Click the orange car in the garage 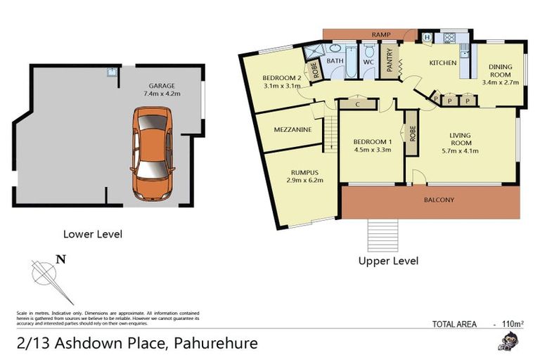151,153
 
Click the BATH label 335,61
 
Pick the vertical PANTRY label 389,60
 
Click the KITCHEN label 443,63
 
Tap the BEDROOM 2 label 282,77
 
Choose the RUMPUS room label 304,172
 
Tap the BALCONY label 439,200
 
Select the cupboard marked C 358,104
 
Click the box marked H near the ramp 427,37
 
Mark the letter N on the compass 61,259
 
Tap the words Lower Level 92,234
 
